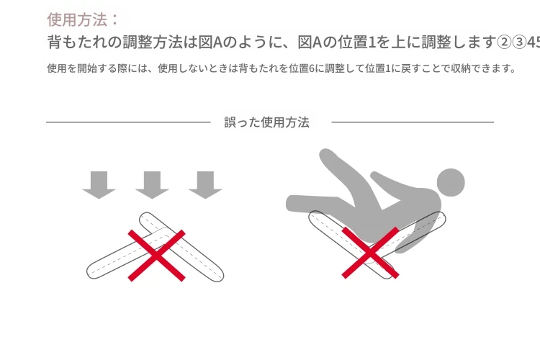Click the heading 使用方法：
point(83,19)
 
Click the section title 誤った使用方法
point(266,122)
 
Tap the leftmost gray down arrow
point(99,185)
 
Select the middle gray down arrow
point(152,185)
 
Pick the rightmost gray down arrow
point(205,185)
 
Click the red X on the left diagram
point(157,256)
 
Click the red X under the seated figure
point(370,253)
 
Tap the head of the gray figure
point(451,183)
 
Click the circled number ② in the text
point(504,42)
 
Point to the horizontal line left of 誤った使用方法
point(128,122)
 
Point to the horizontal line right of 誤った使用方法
point(413,122)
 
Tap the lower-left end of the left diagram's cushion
point(93,272)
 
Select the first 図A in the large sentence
point(210,42)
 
